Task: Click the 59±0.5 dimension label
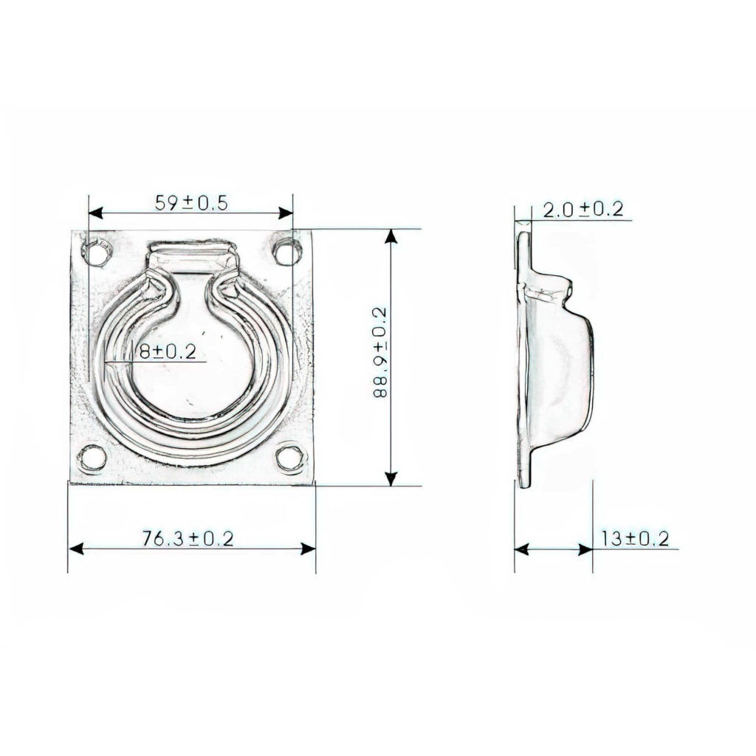click(190, 203)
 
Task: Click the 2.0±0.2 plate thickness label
click(583, 210)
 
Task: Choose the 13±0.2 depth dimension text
click(634, 539)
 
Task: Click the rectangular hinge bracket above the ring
click(193, 256)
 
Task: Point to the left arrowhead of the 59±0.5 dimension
click(94, 213)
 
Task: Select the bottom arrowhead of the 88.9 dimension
click(392, 479)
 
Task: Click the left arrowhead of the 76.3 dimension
click(75, 549)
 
